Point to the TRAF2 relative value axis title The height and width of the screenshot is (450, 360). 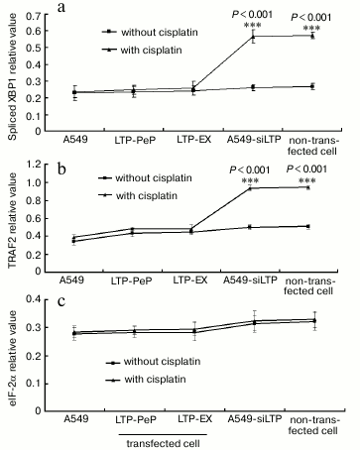pyautogui.click(x=13, y=219)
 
